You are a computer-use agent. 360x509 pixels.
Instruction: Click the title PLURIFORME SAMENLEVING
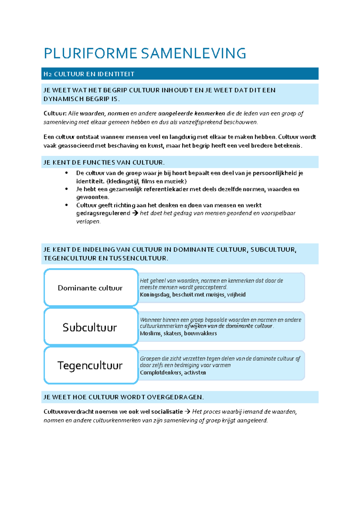point(145,53)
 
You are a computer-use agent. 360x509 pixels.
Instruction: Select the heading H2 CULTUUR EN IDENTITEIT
point(89,74)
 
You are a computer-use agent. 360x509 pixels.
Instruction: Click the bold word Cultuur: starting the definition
point(55,113)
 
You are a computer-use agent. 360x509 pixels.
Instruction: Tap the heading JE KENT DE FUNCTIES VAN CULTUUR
point(104,162)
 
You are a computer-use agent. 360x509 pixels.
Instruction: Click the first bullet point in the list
point(67,173)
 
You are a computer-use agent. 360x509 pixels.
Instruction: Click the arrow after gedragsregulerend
point(135,213)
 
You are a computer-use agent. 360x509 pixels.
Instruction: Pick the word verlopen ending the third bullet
point(88,222)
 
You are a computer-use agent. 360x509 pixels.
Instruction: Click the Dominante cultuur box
point(90,288)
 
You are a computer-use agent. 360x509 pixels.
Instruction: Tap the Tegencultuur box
point(90,365)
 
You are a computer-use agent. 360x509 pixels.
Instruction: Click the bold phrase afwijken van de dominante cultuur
point(228,326)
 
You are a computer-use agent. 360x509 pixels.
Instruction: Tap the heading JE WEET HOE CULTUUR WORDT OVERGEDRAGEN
point(123,397)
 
